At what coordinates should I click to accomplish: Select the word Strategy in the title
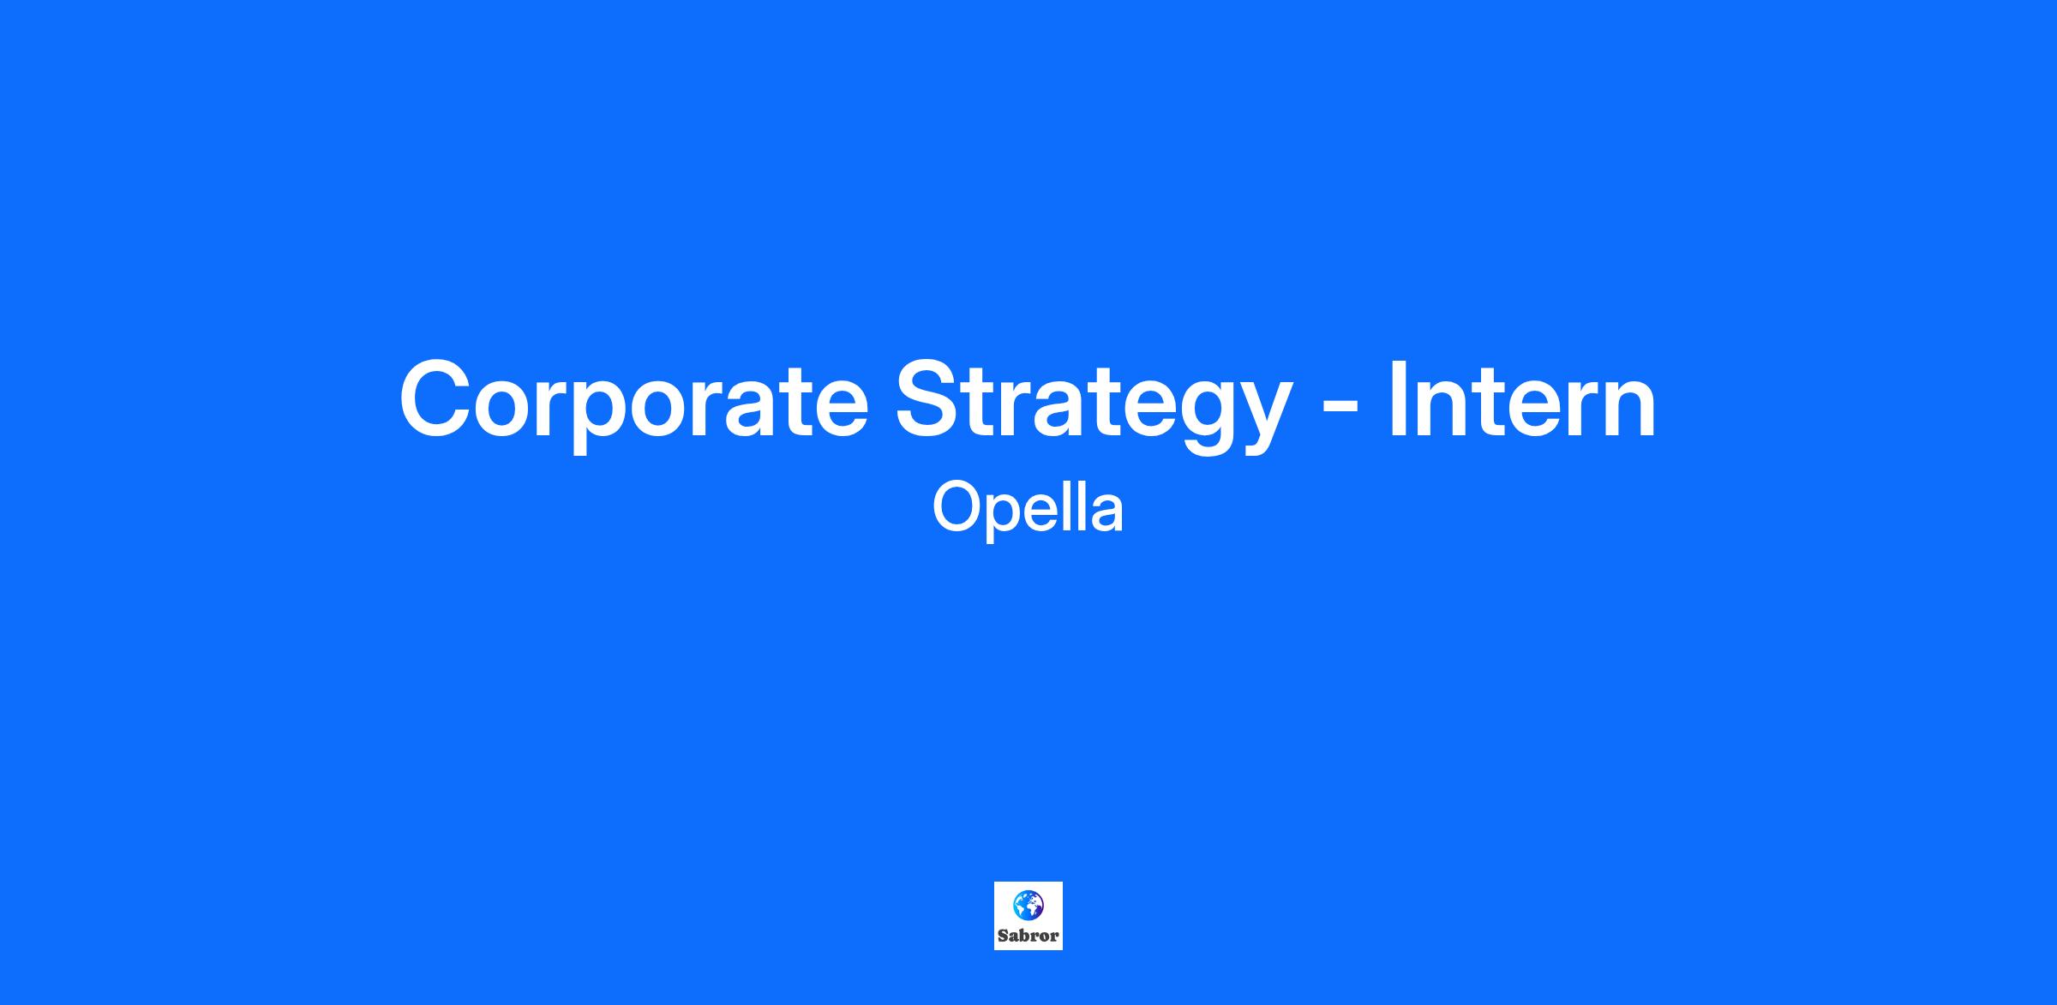(1093, 402)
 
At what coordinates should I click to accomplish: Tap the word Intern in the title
(1522, 398)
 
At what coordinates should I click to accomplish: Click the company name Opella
(1028, 508)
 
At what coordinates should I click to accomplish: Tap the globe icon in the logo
(1028, 905)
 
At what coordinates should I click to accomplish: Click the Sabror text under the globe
(1028, 936)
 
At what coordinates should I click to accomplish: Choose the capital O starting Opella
(957, 507)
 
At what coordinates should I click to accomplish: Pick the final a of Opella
(1106, 514)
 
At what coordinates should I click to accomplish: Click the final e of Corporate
(838, 410)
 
